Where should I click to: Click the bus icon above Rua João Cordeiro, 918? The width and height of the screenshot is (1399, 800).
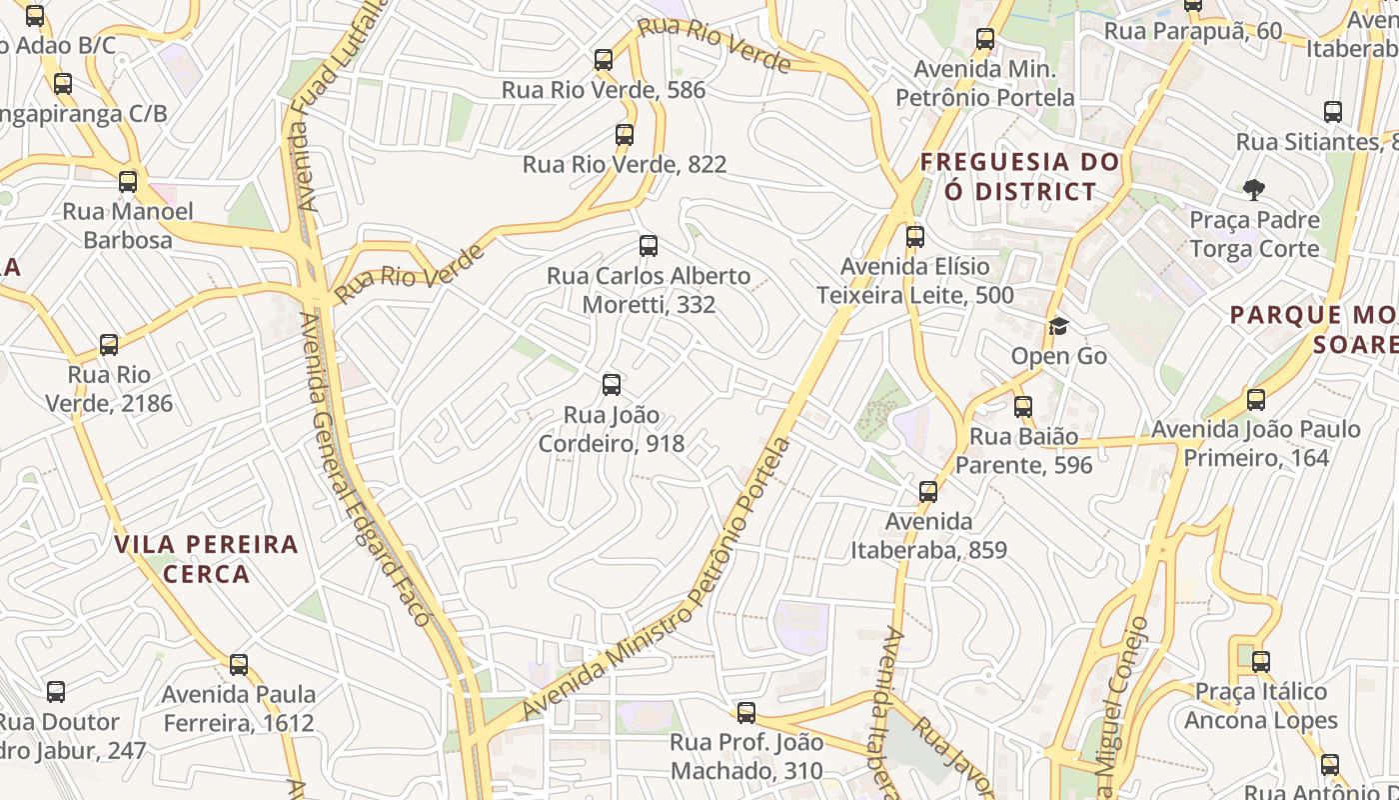612,385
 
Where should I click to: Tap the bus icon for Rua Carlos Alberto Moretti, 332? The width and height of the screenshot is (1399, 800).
649,246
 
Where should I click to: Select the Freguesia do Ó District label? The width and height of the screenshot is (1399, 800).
1019,176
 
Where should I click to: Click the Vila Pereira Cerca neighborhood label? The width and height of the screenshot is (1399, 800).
206,559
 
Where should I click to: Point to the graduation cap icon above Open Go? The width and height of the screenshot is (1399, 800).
1058,327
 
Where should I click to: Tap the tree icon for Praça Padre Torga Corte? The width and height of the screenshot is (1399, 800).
1253,189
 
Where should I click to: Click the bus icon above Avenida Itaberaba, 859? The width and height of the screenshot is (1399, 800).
928,492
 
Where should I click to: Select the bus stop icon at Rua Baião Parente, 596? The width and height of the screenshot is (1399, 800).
1022,407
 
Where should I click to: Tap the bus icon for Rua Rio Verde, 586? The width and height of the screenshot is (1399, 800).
604,60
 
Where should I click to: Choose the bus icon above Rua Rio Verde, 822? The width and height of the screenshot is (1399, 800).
625,135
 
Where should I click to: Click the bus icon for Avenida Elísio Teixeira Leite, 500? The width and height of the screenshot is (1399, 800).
914,237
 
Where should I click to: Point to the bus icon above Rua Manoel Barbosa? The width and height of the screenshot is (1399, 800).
128,182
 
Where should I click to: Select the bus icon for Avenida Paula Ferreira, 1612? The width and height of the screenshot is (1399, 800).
239,665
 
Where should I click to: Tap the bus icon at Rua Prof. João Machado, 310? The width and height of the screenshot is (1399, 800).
746,713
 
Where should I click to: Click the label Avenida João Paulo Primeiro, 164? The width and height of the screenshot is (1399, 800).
1256,443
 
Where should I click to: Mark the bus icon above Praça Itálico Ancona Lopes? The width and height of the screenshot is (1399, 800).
1261,662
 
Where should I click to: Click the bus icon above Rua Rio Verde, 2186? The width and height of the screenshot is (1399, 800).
109,346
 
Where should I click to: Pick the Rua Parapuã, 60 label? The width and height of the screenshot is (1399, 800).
1192,31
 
